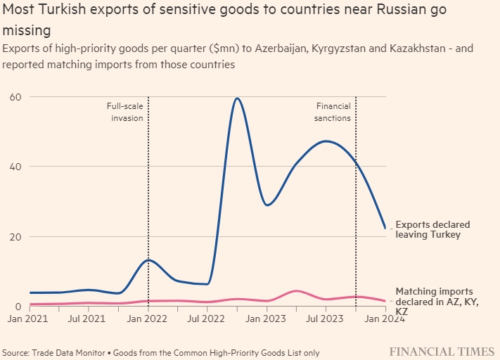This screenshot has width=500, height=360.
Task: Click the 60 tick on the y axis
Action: click(13, 96)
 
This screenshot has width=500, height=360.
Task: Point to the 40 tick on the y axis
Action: click(13, 167)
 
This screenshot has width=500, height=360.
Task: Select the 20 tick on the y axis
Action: click(13, 237)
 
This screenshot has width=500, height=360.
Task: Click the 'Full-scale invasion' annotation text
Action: click(127, 112)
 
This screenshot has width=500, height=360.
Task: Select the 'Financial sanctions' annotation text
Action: click(333, 112)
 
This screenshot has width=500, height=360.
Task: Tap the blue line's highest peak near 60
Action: click(238, 98)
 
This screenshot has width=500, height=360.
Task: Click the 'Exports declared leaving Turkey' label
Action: click(432, 229)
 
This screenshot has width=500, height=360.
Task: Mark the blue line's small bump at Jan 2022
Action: click(148, 260)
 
